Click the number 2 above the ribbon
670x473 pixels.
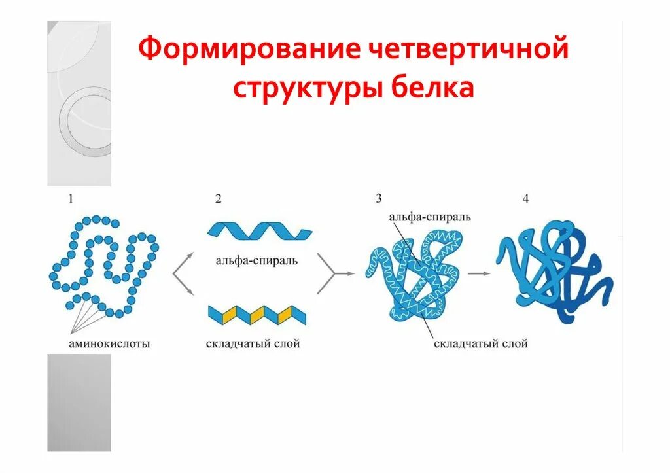(218, 200)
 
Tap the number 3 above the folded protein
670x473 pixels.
(378, 199)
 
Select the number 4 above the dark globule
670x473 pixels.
(525, 199)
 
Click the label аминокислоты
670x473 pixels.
(109, 343)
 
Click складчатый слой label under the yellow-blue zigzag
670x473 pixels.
(253, 343)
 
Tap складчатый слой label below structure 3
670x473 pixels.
(480, 343)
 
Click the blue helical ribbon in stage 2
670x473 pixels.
(258, 231)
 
